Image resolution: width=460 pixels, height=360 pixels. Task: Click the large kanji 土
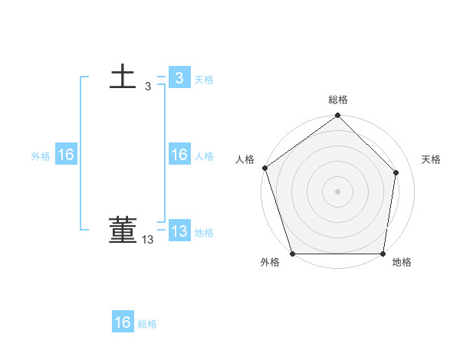click(123, 77)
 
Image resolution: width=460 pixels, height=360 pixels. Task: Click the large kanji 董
click(123, 231)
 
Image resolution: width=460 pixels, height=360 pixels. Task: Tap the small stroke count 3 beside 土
click(148, 87)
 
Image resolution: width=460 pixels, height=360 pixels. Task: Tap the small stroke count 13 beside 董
click(148, 240)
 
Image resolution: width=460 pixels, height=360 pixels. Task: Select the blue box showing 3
click(179, 78)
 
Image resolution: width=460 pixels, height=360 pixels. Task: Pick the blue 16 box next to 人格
click(179, 155)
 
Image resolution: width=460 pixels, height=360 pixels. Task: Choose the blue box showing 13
click(179, 231)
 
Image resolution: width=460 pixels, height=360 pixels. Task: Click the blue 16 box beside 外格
click(65, 155)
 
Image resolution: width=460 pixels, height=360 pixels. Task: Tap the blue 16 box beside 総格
click(123, 322)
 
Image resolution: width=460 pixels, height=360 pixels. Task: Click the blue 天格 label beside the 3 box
click(204, 80)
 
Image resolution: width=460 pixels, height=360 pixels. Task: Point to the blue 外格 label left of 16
click(41, 156)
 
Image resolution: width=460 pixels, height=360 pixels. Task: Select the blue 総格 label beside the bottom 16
click(147, 324)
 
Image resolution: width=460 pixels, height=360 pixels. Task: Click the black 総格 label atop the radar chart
click(338, 100)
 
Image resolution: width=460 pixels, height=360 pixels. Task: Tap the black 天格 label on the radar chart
click(432, 159)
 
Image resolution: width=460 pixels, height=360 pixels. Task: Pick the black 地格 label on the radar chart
click(402, 263)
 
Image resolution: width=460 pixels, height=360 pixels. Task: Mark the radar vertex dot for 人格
click(264, 168)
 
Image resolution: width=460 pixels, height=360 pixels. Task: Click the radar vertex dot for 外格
click(293, 254)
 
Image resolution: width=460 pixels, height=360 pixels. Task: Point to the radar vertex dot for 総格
click(338, 116)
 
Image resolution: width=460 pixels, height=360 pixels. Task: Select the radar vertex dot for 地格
click(383, 254)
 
